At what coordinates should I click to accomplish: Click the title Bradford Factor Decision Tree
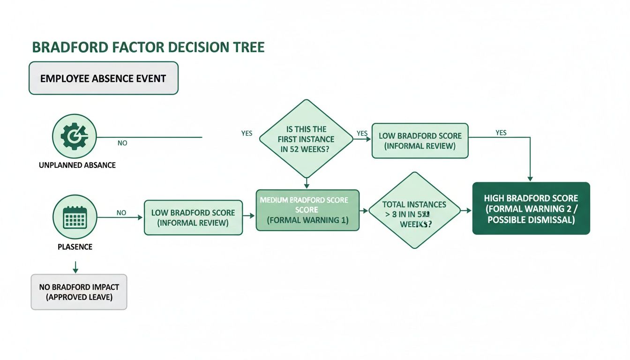(x=148, y=47)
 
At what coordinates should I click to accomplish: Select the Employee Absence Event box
(x=104, y=78)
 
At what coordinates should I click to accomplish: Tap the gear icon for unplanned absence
(x=75, y=136)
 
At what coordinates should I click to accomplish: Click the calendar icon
(x=75, y=217)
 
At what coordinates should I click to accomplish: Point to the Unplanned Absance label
(x=77, y=165)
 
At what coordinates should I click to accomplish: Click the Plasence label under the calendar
(x=75, y=246)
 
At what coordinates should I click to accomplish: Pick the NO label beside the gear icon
(x=122, y=143)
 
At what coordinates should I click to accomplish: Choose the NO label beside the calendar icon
(x=121, y=212)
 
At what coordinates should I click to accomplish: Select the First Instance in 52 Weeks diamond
(x=306, y=139)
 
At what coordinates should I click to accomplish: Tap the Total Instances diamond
(x=414, y=210)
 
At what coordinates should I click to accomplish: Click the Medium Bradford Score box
(x=307, y=210)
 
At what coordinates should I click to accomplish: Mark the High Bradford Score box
(x=531, y=209)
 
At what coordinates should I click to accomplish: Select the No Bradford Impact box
(x=79, y=292)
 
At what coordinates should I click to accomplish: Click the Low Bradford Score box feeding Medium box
(x=193, y=217)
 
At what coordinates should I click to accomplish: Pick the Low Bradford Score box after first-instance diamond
(x=420, y=141)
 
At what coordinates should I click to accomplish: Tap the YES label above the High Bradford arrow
(x=501, y=133)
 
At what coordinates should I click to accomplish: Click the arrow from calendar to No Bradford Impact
(x=75, y=268)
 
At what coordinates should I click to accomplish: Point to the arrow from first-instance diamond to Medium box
(x=306, y=184)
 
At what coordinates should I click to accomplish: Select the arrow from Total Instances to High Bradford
(x=466, y=210)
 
